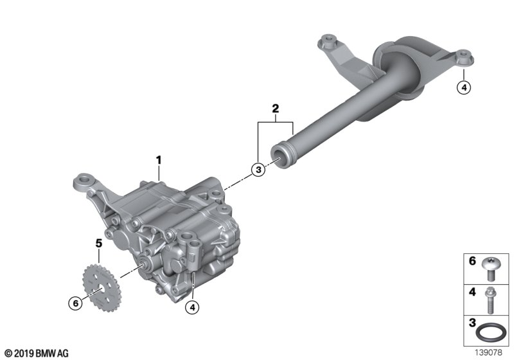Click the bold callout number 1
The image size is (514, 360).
point(159,161)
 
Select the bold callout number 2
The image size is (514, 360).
point(276,108)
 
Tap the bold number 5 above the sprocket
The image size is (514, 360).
point(99,243)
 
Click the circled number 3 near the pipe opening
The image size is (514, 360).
point(258,170)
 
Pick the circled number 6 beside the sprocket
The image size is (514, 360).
point(75,303)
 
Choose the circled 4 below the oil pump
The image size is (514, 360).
point(192,307)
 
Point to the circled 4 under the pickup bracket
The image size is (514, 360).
point(464,87)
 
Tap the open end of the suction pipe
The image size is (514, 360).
point(279,158)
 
